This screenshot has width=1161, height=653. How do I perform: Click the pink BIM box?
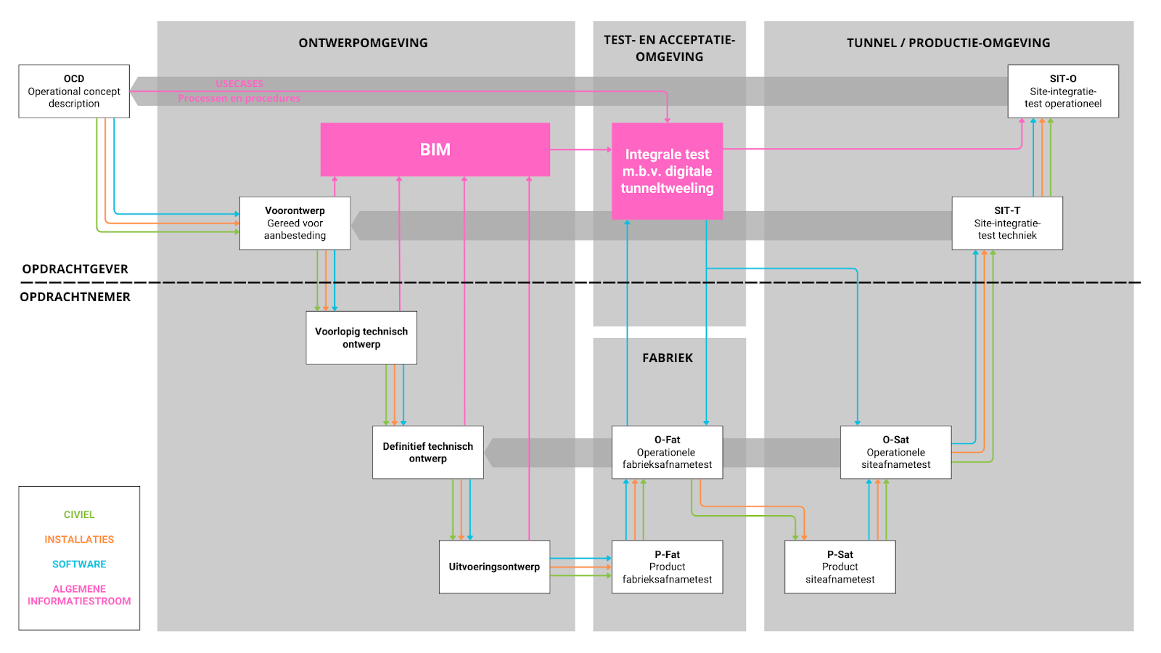click(435, 149)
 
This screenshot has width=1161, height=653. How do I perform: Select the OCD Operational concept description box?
click(74, 91)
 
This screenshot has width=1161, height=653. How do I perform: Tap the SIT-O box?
click(1063, 91)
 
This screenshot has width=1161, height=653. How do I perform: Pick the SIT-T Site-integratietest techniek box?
click(1007, 223)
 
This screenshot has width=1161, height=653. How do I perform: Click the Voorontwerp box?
click(295, 223)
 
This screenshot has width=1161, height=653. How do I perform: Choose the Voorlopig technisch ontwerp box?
click(361, 338)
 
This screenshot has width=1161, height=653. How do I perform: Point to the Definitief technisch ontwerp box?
click(428, 452)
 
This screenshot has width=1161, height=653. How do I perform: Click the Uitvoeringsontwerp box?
click(494, 567)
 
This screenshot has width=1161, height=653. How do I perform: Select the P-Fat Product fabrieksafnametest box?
click(667, 567)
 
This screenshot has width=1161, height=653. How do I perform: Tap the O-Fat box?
click(667, 452)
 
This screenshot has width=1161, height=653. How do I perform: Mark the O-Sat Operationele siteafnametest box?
click(895, 452)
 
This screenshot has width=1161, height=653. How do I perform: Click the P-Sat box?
click(840, 567)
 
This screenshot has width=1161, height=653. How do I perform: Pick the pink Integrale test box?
click(667, 171)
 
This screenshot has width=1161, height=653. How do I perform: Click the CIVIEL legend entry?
click(79, 515)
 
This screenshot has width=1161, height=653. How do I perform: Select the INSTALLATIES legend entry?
click(79, 540)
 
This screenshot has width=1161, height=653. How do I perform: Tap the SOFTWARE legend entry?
click(79, 564)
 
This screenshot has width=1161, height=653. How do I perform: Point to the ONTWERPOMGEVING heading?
click(363, 43)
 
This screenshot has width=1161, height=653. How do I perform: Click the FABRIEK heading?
click(668, 358)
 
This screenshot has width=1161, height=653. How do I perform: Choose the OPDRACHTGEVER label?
click(75, 269)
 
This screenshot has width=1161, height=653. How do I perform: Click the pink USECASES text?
click(239, 83)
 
